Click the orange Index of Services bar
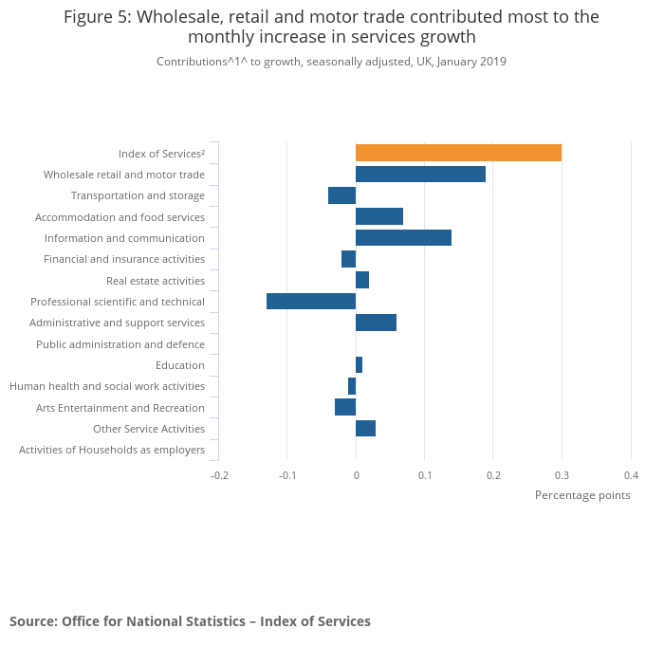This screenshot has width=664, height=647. (x=458, y=153)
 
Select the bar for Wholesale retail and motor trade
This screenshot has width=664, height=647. (x=420, y=175)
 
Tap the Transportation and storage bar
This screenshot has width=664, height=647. (x=341, y=195)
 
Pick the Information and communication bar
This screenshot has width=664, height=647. (x=403, y=238)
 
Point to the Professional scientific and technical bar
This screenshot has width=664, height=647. (x=311, y=302)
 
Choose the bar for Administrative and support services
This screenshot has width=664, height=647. (x=376, y=323)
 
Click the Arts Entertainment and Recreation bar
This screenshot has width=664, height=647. (x=345, y=407)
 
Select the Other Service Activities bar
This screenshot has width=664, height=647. (x=365, y=429)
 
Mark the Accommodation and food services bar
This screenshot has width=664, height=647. (x=379, y=216)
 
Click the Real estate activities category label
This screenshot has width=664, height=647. (x=156, y=281)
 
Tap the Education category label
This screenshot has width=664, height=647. (x=180, y=365)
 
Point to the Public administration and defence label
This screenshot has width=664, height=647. (x=120, y=344)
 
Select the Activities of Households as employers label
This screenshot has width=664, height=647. (x=112, y=450)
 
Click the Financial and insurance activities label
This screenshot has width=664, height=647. (x=124, y=259)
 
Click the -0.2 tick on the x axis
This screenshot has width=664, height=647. (x=219, y=475)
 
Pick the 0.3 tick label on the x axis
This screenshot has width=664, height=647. (x=562, y=475)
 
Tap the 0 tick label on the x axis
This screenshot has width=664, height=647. (x=356, y=475)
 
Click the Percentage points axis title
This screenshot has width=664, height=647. (x=582, y=495)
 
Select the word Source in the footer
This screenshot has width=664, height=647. (x=33, y=621)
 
